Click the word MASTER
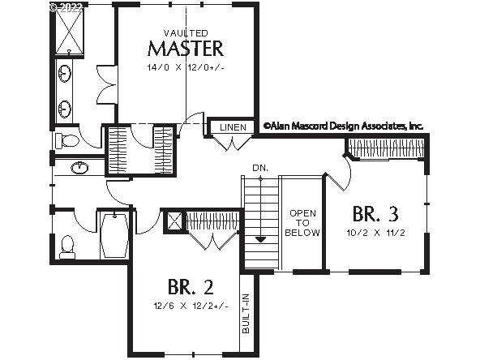pos(186,49)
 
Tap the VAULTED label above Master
pos(186,32)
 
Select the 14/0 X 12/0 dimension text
pos(186,67)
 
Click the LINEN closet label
pos(233,127)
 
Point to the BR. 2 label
pos(191,287)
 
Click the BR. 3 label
pos(375,214)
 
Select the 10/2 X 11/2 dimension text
pos(375,233)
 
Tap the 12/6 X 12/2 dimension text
pos(191,306)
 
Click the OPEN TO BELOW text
pos(302,223)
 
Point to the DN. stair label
pos(260,168)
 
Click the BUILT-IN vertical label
pos(246,313)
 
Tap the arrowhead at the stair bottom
pos(260,240)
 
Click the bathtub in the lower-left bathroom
pos(115,235)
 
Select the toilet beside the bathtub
pos(67,247)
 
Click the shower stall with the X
pos(70,30)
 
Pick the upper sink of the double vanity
pos(65,74)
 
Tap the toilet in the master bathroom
pos(66,140)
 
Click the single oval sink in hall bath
pos(79,168)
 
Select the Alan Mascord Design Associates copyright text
pos(344,126)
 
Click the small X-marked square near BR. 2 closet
pos(174,221)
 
